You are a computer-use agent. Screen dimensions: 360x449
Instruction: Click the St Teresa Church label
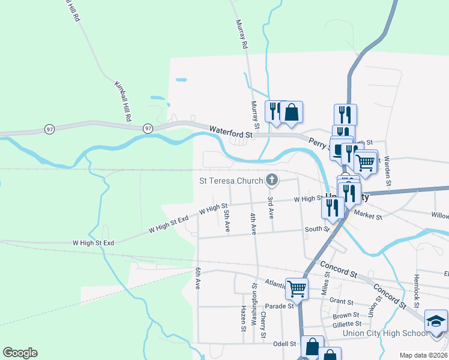click(x=231, y=181)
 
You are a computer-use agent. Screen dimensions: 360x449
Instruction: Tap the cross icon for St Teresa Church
click(x=272, y=179)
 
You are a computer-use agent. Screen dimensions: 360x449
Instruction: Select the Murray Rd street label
click(x=241, y=34)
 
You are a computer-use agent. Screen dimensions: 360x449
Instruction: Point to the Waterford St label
click(x=231, y=131)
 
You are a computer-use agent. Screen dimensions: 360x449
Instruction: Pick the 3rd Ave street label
click(x=271, y=206)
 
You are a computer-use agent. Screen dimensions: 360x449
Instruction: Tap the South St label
click(x=317, y=229)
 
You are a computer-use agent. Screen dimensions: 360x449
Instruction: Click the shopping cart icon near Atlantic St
click(x=297, y=288)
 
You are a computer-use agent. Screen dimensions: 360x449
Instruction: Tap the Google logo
click(x=20, y=353)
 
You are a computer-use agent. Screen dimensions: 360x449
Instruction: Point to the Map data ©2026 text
click(x=423, y=355)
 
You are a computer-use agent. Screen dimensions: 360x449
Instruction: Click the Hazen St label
click(x=244, y=318)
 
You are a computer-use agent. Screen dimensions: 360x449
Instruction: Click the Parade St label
click(x=280, y=305)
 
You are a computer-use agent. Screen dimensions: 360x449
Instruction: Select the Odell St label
click(x=285, y=344)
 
